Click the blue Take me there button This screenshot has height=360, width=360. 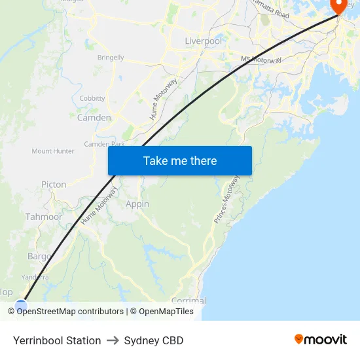(x=180, y=160)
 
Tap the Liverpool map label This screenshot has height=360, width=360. (x=203, y=41)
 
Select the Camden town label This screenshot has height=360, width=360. (x=94, y=118)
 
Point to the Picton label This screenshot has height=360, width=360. (x=54, y=185)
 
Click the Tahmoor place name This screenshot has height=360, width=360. (x=44, y=217)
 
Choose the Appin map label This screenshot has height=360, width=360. (x=137, y=204)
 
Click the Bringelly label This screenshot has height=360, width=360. (x=111, y=58)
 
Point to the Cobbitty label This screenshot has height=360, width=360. (x=92, y=98)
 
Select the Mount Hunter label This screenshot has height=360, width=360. (x=53, y=151)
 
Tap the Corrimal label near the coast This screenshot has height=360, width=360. (x=189, y=300)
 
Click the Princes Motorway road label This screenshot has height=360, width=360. (x=227, y=200)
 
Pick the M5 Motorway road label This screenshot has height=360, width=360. (x=261, y=60)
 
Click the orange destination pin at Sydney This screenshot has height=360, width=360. (x=339, y=5)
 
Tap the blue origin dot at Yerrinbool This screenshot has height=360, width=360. (x=21, y=306)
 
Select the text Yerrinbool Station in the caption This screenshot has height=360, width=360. (x=57, y=340)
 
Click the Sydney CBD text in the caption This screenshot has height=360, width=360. (x=154, y=340)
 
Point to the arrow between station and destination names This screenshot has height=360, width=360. (x=113, y=340)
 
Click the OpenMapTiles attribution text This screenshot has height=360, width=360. (x=166, y=312)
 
